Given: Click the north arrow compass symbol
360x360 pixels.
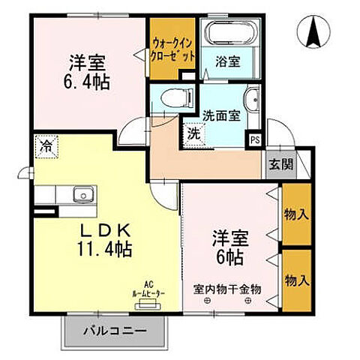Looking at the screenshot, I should (313, 31).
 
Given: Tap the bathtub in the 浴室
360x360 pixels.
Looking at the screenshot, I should (230, 34).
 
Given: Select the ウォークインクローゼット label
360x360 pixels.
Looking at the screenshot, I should (173, 50).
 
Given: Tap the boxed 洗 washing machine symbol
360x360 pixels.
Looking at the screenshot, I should (193, 136).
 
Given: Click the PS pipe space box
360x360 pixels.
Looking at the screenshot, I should (255, 139).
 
